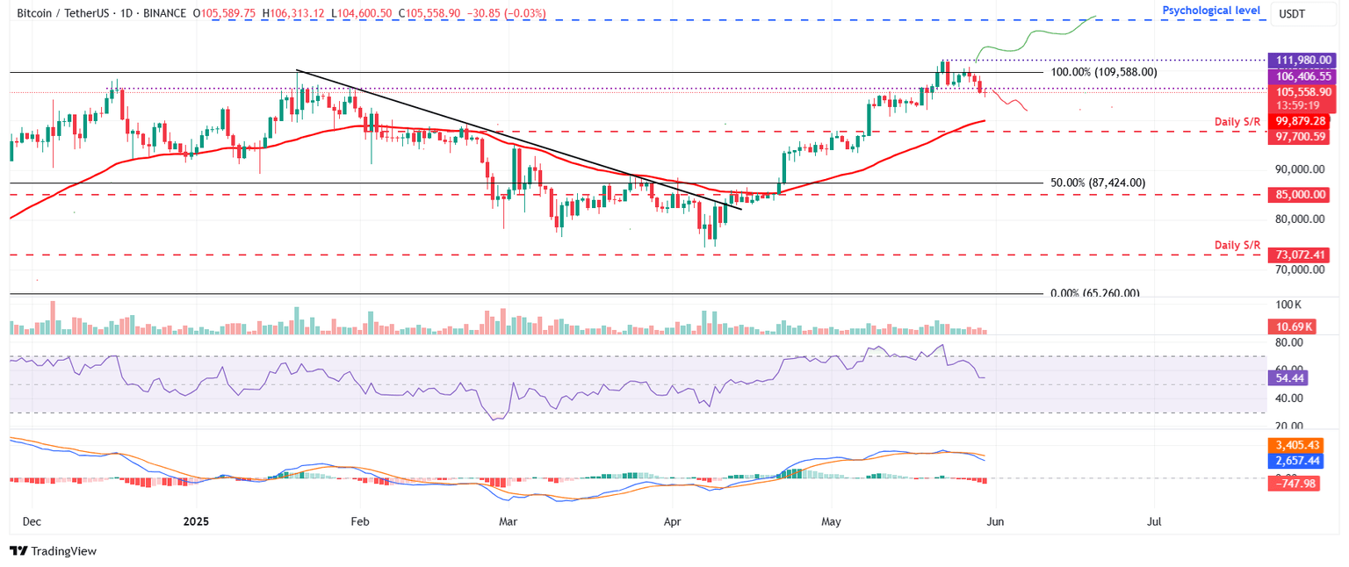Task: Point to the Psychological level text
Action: tap(1211, 11)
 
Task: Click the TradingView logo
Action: tap(53, 551)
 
